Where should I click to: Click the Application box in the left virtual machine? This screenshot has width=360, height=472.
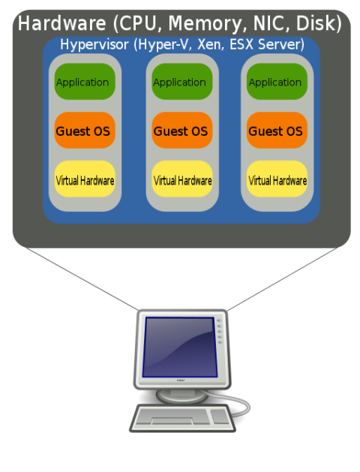(85, 83)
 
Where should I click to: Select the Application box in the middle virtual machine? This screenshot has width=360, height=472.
(181, 83)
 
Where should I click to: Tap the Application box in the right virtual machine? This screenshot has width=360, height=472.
(277, 83)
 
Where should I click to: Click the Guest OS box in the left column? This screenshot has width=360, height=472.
(85, 131)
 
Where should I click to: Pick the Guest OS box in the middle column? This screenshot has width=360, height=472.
(181, 131)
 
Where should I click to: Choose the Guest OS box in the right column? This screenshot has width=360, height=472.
(277, 131)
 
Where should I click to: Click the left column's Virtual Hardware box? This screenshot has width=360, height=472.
(85, 180)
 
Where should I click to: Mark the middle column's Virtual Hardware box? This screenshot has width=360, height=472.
(181, 180)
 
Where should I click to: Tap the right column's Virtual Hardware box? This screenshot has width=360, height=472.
(277, 180)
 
